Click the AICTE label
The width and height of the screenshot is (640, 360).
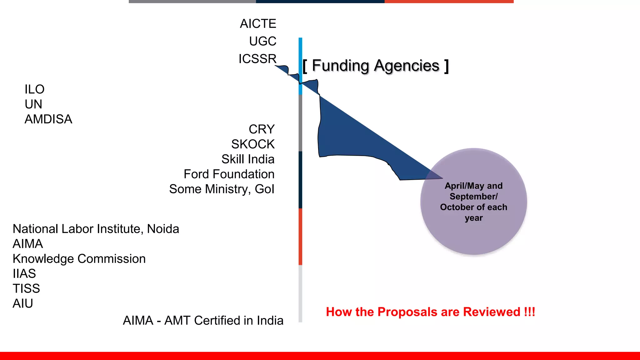point(258,24)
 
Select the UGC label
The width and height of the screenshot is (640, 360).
point(262,41)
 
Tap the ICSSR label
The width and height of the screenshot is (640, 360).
point(257,59)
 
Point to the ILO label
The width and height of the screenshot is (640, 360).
point(34,89)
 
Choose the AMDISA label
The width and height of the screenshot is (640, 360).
point(48,119)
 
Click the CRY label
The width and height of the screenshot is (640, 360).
point(262,129)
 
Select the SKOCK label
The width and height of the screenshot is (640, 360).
point(253,144)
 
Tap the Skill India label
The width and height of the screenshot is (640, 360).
point(248,159)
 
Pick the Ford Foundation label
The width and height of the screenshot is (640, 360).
point(229,174)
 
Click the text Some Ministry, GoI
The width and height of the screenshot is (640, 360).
point(222,189)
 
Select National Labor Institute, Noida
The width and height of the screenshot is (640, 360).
point(96,229)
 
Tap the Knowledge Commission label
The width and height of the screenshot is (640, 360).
point(79,259)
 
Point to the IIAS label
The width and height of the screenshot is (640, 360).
point(24,274)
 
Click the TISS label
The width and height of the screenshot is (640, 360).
point(26,289)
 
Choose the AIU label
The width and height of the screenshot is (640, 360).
point(22,304)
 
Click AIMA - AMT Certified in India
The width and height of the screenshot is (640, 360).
point(203,321)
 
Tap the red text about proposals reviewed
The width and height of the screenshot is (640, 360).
point(430,312)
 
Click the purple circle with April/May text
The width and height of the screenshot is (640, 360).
point(473,202)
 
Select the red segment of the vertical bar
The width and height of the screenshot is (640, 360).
point(300,237)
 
